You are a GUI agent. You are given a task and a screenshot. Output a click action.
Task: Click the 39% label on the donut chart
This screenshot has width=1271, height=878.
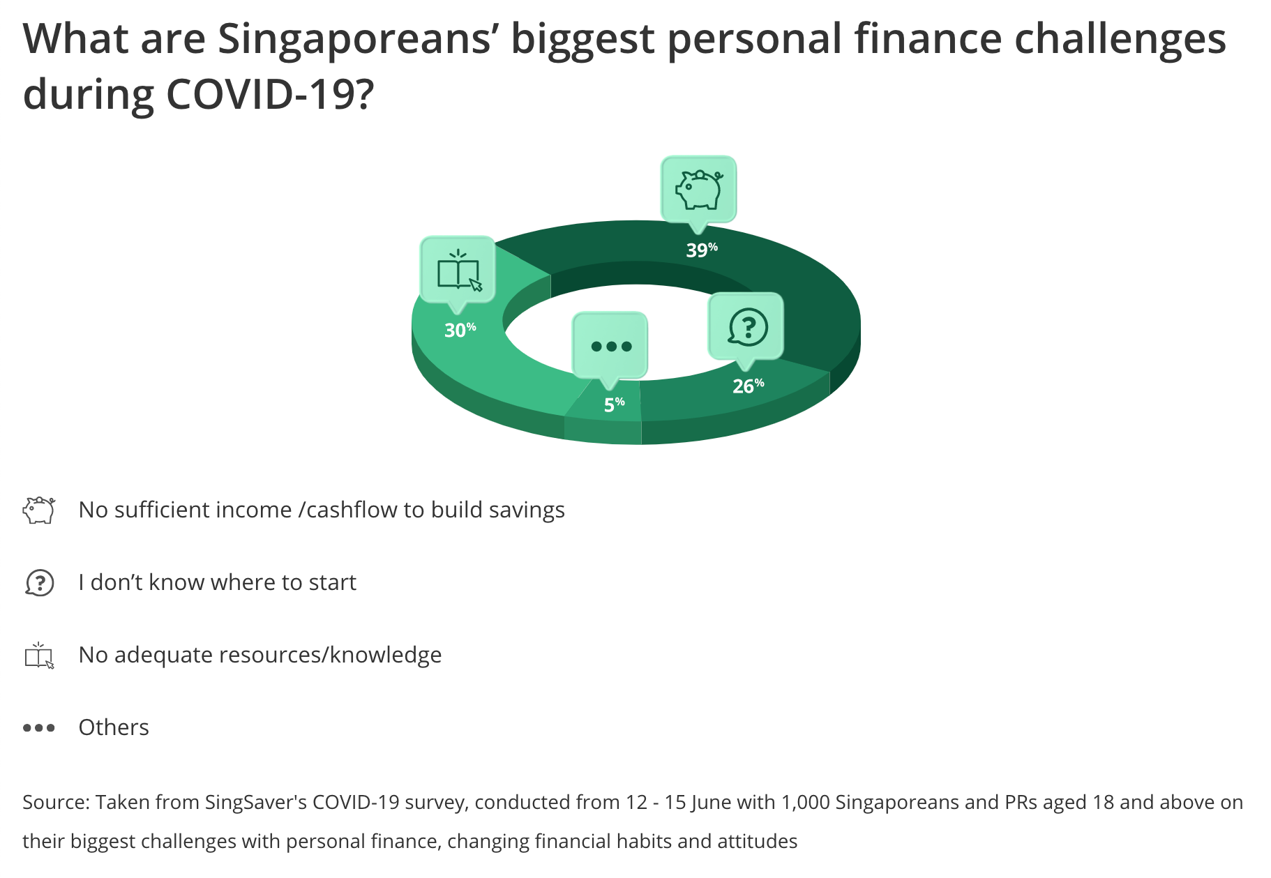coord(702,250)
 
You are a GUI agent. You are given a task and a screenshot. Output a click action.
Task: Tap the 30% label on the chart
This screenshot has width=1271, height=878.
coord(460,329)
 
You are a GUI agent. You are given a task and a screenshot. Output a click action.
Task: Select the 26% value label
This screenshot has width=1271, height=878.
coord(749,386)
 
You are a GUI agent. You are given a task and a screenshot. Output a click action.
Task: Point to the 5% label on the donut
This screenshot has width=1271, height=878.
coord(614,404)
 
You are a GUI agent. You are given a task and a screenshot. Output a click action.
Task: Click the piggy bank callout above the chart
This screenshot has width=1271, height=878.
coord(698,190)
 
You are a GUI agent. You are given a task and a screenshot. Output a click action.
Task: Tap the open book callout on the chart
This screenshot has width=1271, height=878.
coord(458,271)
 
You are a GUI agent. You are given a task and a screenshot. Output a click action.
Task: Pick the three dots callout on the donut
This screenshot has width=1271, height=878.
coord(610,347)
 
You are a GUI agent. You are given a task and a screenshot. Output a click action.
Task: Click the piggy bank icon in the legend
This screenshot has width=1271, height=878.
coord(39,510)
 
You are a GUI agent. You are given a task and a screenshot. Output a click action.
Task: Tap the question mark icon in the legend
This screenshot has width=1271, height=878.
coord(39,582)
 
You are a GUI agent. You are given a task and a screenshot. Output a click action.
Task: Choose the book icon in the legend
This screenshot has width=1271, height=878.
coord(40,656)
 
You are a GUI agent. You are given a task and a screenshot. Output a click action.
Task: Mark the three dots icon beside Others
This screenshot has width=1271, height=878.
coord(39,727)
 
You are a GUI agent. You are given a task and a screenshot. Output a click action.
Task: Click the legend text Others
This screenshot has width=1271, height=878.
coord(114,727)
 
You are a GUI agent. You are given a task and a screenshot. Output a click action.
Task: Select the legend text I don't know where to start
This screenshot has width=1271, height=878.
coord(217,582)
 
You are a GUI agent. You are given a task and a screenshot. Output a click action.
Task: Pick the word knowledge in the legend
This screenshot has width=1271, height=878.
coord(386,655)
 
